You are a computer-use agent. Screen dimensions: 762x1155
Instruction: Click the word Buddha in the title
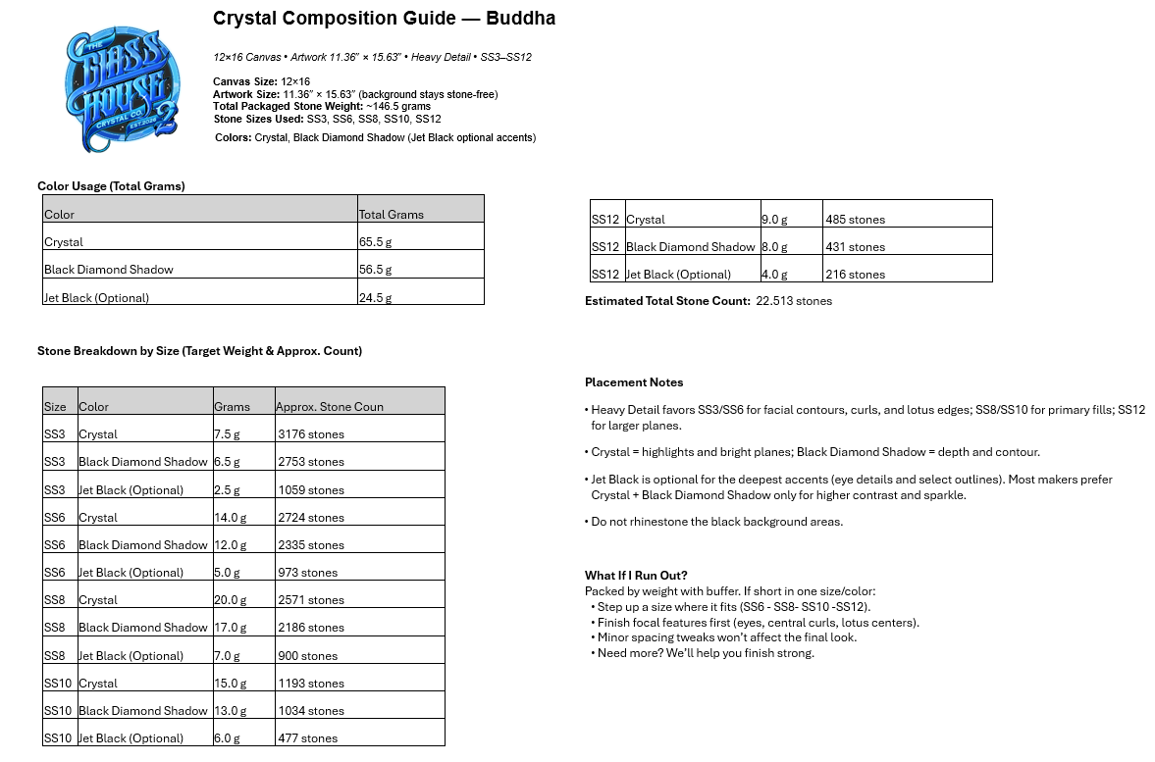(523, 19)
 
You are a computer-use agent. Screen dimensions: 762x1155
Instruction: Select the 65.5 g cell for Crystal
(376, 242)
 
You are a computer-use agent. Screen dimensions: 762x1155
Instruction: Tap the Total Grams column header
(392, 214)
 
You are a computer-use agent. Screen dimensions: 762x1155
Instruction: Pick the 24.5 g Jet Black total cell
(376, 297)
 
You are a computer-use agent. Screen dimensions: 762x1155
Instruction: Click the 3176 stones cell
(311, 434)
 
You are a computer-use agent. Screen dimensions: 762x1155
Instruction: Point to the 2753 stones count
(311, 462)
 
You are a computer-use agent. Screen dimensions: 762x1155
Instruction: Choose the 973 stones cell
(307, 573)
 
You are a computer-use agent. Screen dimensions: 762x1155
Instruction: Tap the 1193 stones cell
(311, 684)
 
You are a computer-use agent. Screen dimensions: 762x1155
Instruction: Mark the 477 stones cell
(307, 738)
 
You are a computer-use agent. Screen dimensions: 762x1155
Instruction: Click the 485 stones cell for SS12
(855, 220)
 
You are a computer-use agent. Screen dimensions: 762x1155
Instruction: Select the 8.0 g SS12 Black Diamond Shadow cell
(774, 247)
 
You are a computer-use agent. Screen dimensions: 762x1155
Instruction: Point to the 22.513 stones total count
(794, 301)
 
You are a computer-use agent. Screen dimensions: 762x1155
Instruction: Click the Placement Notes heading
(634, 382)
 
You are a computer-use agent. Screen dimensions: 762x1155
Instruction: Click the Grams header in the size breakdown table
(232, 407)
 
